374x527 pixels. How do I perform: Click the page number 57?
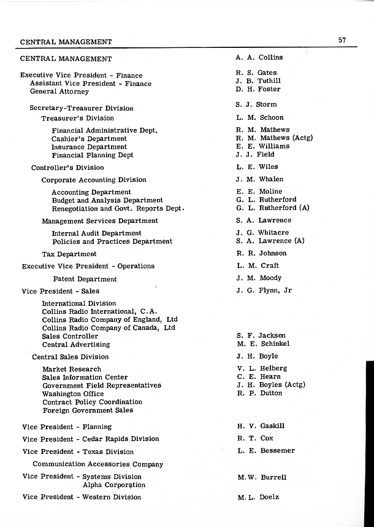[x=342, y=41]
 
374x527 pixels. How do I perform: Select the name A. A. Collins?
[x=259, y=58]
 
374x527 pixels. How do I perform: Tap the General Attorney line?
[x=59, y=92]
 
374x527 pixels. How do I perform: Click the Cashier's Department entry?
[x=89, y=139]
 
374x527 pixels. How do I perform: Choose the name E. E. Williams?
[x=262, y=147]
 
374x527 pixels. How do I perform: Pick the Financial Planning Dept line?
[x=93, y=155]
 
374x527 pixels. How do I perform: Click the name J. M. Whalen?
[x=259, y=179]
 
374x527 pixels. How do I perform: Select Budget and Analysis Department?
[x=107, y=200]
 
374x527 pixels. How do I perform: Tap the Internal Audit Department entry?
[x=96, y=233]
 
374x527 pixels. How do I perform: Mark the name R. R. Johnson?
[x=261, y=253]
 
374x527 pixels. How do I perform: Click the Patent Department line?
[x=85, y=279]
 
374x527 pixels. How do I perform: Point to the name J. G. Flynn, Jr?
[x=264, y=291]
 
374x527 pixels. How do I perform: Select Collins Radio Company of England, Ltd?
[x=110, y=319]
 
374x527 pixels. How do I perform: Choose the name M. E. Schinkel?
[x=262, y=344]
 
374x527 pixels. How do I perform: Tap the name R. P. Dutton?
[x=259, y=394]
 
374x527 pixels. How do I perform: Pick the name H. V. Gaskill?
[x=261, y=426]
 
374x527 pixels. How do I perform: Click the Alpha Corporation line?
[x=114, y=485]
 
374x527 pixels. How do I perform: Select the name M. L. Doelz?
[x=258, y=497]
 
